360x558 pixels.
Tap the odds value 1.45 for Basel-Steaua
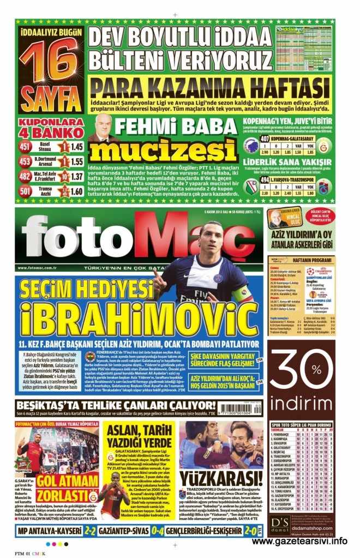coord(77,147)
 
